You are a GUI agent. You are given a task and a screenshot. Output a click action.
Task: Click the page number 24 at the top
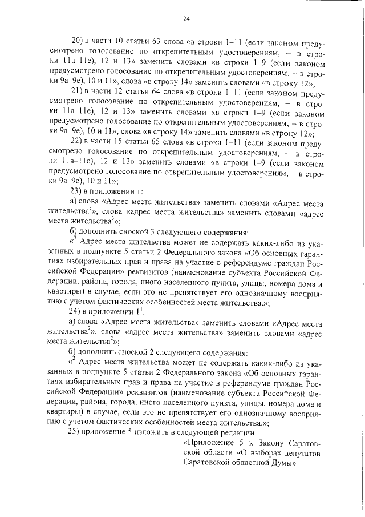[x=185, y=18]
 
